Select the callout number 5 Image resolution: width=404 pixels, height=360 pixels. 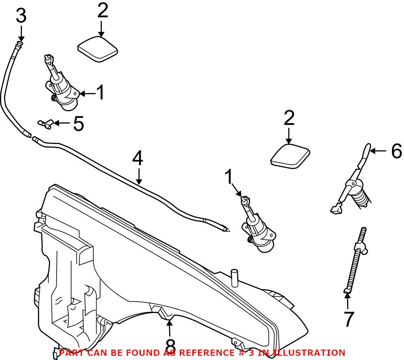click(78, 124)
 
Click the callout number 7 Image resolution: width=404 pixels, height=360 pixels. click(348, 319)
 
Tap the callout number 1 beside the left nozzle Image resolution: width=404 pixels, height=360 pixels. click(100, 93)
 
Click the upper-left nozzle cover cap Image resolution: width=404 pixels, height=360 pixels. click(97, 50)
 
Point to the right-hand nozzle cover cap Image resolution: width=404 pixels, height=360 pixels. click(289, 157)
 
